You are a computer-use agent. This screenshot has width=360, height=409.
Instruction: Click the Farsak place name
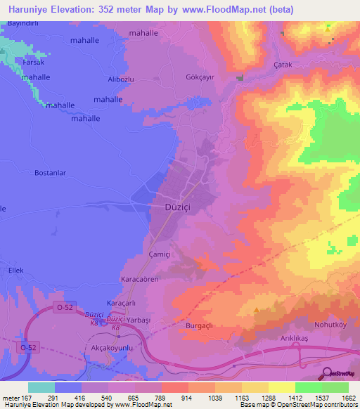coord(32,61)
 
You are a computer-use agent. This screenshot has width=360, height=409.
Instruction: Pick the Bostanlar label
coord(51,172)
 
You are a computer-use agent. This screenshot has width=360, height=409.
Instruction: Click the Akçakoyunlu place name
coord(112,348)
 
